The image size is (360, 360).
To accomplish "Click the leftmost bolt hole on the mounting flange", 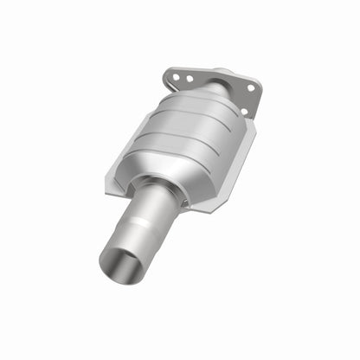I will click(176, 76).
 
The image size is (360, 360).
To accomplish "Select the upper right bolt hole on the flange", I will click(251, 87).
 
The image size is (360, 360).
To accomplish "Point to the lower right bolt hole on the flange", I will click(244, 110).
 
